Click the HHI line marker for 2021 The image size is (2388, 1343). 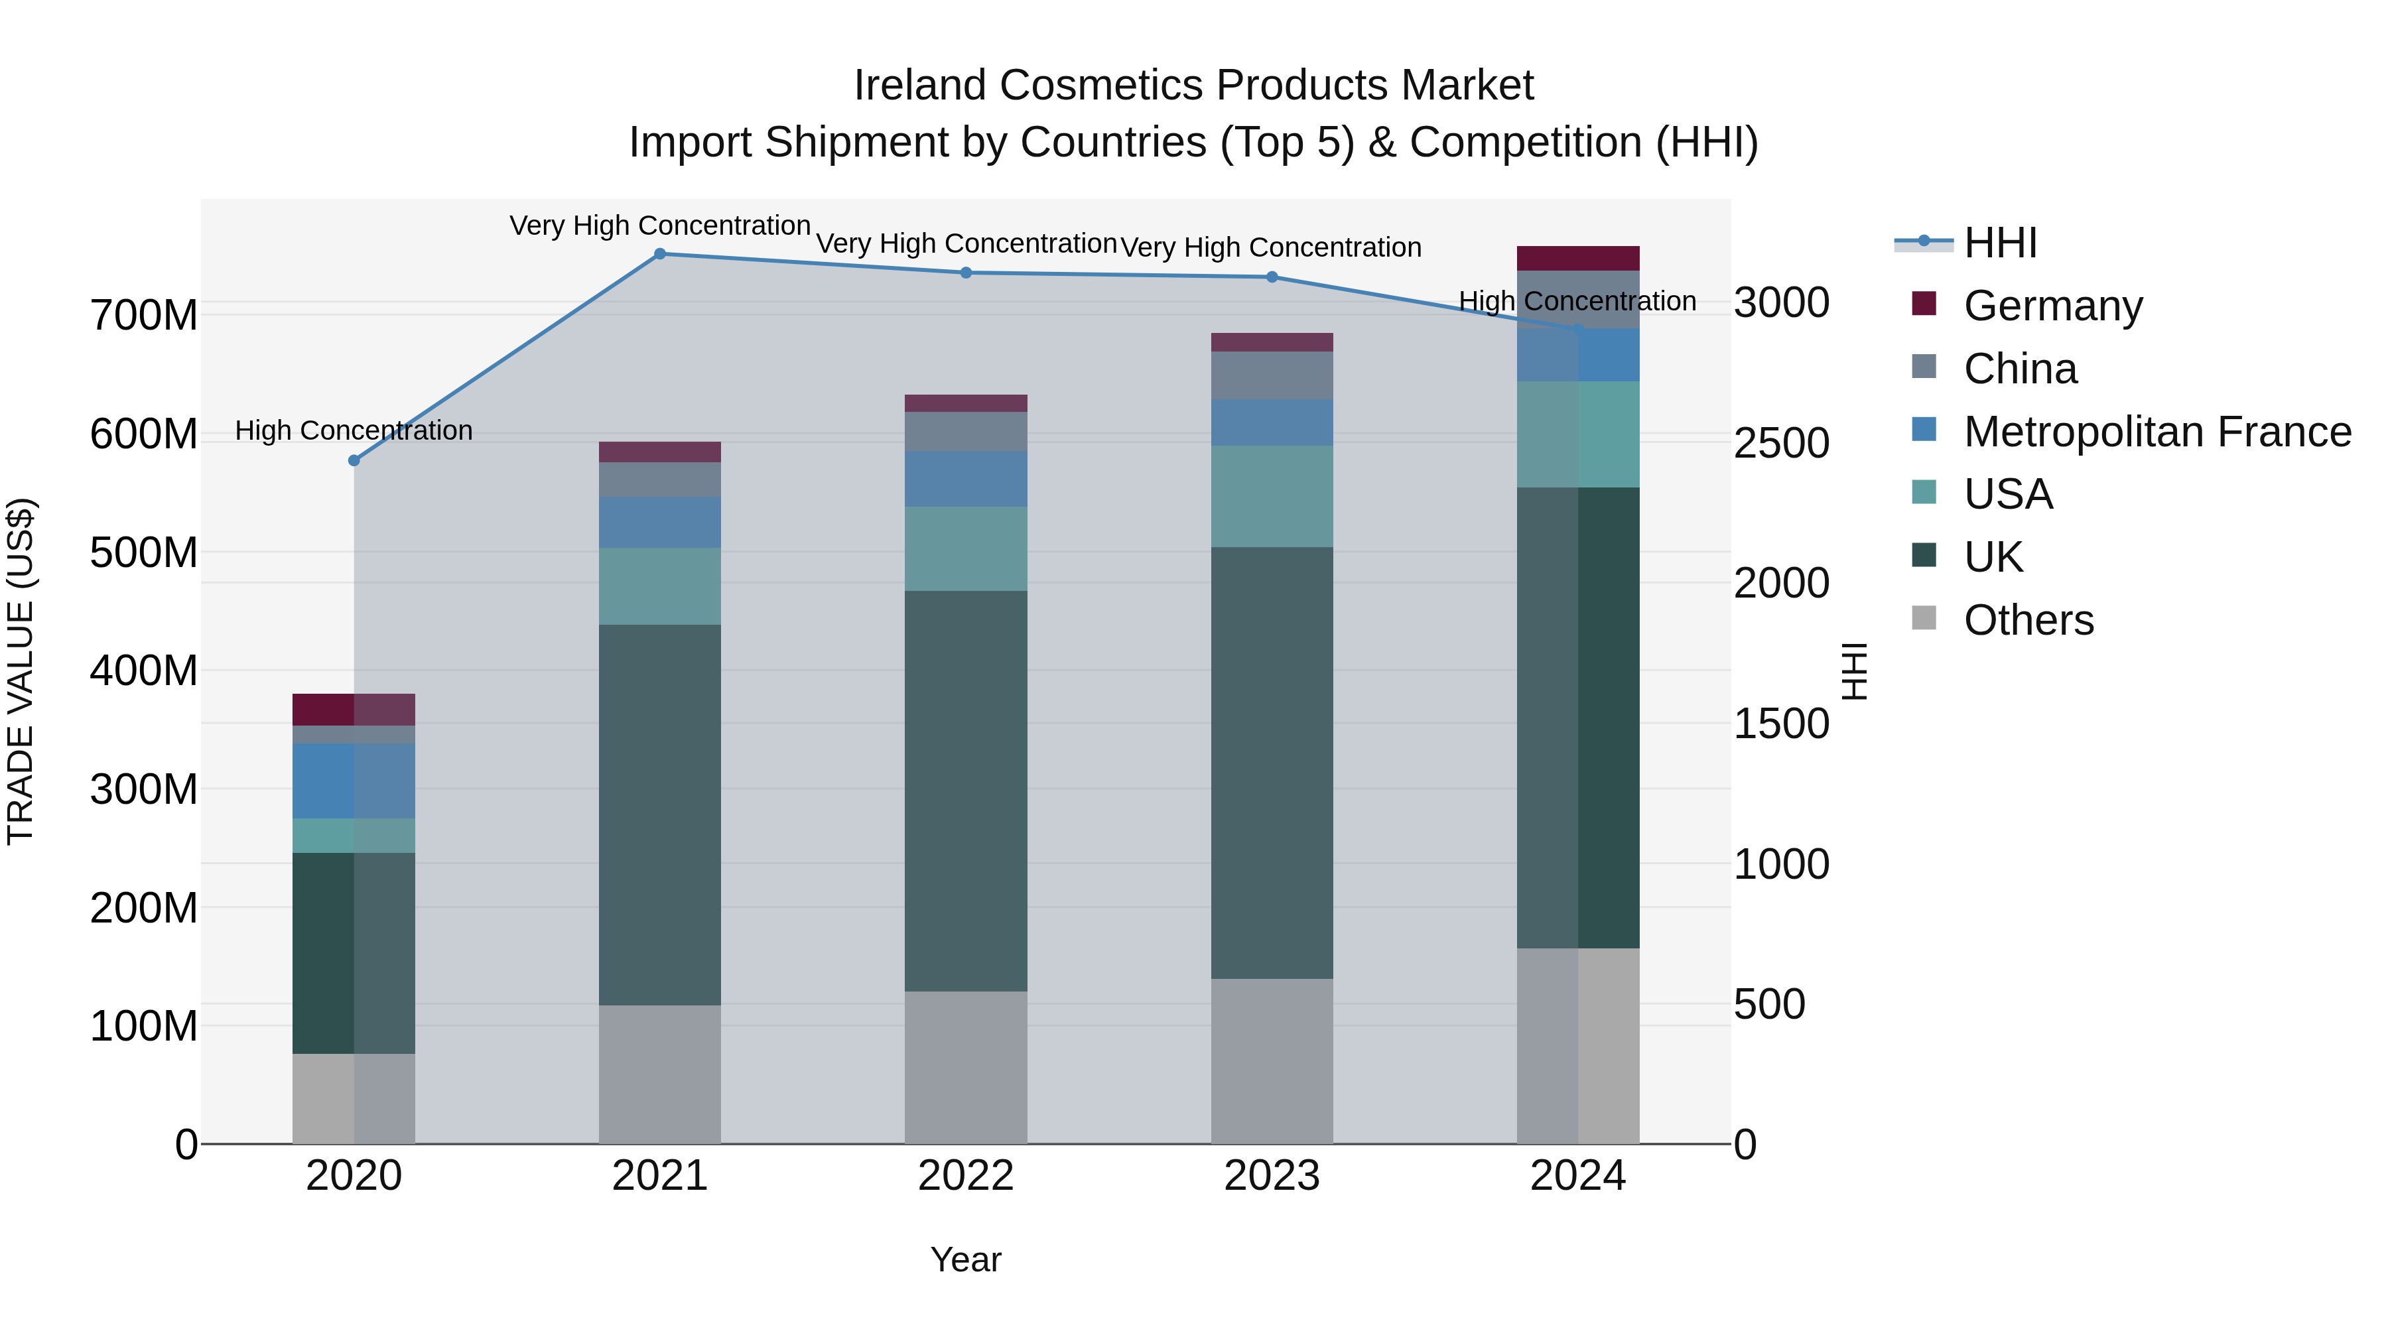click(x=660, y=254)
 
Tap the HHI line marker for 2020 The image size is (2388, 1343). click(x=354, y=461)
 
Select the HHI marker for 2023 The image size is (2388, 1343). click(x=1272, y=277)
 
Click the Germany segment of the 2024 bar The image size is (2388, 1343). click(x=1578, y=259)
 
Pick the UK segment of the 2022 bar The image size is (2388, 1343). click(x=966, y=791)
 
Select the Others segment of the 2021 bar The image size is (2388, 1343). click(x=660, y=1074)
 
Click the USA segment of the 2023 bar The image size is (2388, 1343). click(x=1272, y=497)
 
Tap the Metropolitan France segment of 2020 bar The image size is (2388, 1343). click(x=354, y=781)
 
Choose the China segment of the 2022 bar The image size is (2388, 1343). click(x=966, y=432)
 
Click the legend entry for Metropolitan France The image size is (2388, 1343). click(x=2156, y=432)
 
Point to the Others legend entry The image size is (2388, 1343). click(x=2028, y=620)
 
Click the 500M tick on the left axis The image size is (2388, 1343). click(x=144, y=552)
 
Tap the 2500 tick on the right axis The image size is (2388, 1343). click(x=1781, y=443)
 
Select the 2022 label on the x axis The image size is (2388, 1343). click(x=966, y=1176)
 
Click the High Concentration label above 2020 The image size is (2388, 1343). click(x=354, y=431)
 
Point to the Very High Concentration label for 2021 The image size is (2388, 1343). click(x=660, y=226)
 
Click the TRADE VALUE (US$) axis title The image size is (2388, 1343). click(x=21, y=671)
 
